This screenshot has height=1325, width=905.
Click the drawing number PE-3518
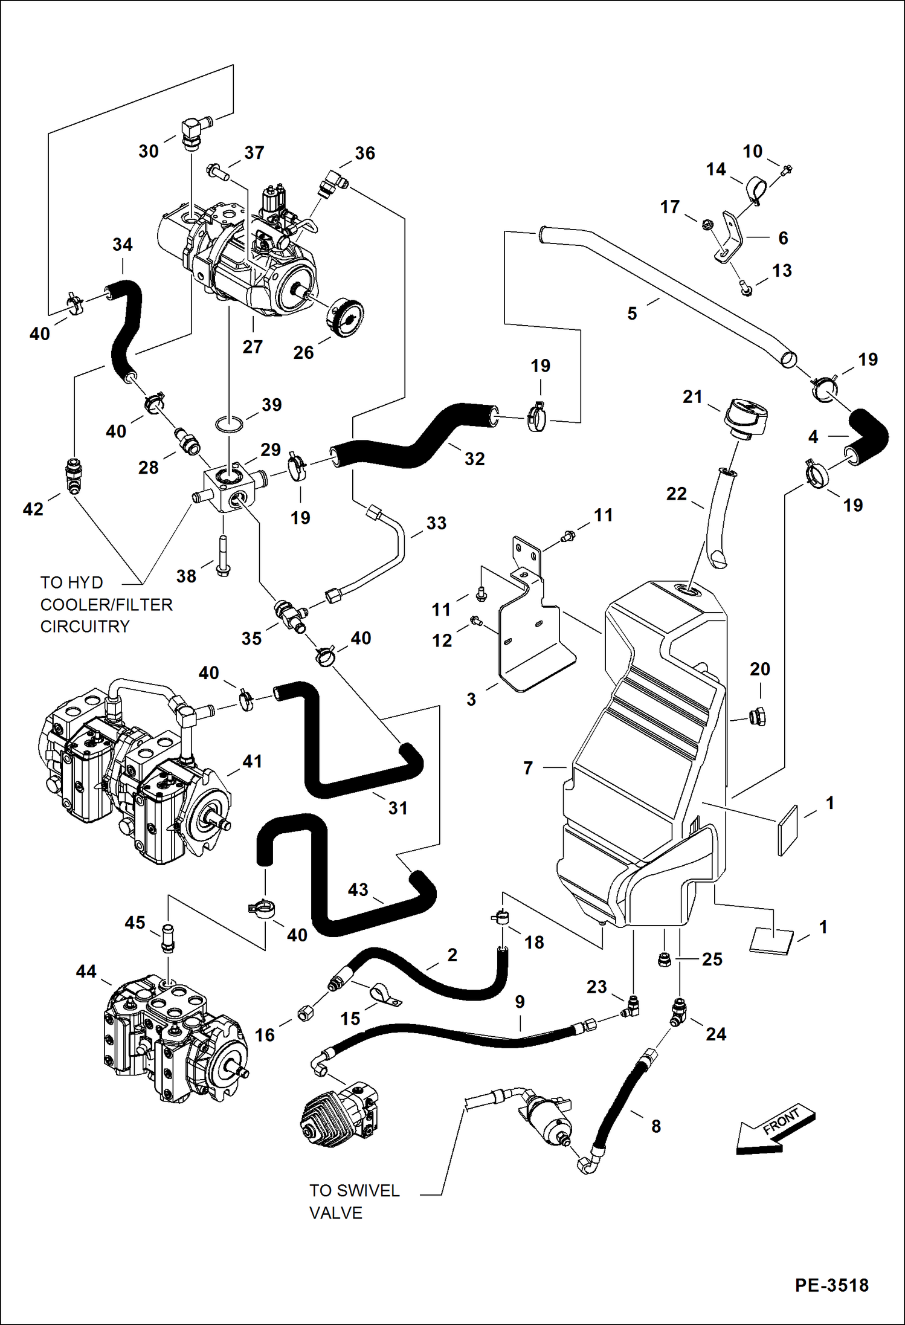[x=831, y=1285]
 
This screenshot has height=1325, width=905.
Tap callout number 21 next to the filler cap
[x=692, y=397]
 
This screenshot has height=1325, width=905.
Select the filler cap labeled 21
[x=747, y=417]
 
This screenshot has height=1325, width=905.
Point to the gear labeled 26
[x=349, y=318]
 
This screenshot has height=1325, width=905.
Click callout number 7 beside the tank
[x=528, y=768]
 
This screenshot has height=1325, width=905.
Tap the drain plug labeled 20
[x=758, y=717]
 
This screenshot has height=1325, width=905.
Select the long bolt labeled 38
[x=223, y=557]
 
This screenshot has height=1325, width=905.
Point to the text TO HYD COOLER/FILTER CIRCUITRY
[x=106, y=604]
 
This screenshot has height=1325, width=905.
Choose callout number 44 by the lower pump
[x=86, y=971]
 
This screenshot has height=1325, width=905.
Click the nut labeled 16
[x=305, y=1013]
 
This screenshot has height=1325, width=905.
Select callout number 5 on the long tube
[x=632, y=314]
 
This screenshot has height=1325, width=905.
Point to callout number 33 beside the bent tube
[x=436, y=523]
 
